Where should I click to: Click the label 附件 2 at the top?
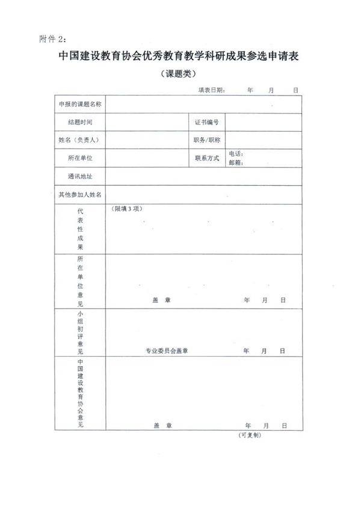point(52,39)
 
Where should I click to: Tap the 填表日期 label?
point(212,90)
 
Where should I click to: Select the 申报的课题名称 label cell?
point(80,104)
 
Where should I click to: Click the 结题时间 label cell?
point(80,122)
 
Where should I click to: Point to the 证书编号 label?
point(206,122)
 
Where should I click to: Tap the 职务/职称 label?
point(206,140)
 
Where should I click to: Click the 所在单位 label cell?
point(80,158)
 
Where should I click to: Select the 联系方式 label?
point(206,158)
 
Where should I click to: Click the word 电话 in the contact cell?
point(235,154)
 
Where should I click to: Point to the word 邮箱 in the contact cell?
point(235,162)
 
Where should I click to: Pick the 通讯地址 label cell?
point(80,176)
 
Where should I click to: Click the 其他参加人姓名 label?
point(80,194)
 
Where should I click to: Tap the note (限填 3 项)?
point(127,209)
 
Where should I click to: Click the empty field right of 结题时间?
point(147,122)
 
